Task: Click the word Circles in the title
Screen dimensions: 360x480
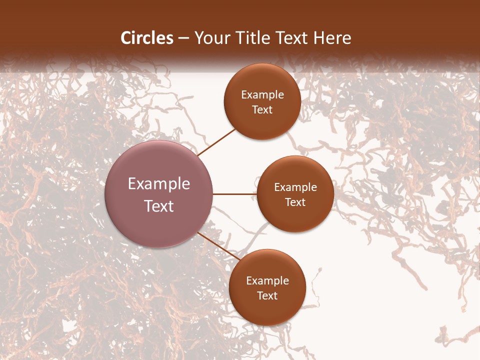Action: [146, 38]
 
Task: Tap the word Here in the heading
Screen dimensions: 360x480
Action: [331, 38]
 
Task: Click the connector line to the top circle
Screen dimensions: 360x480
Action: [216, 141]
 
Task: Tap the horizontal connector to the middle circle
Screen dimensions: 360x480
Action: [234, 194]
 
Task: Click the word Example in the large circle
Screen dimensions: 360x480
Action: [159, 184]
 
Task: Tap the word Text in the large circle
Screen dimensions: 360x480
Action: [159, 206]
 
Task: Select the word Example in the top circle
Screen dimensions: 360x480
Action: [262, 95]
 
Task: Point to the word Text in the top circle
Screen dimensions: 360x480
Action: [262, 110]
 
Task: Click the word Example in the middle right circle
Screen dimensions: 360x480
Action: [295, 187]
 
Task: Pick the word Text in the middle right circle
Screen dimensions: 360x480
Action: [295, 202]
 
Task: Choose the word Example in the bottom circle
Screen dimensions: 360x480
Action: [267, 281]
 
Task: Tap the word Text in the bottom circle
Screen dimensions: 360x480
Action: [267, 296]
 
